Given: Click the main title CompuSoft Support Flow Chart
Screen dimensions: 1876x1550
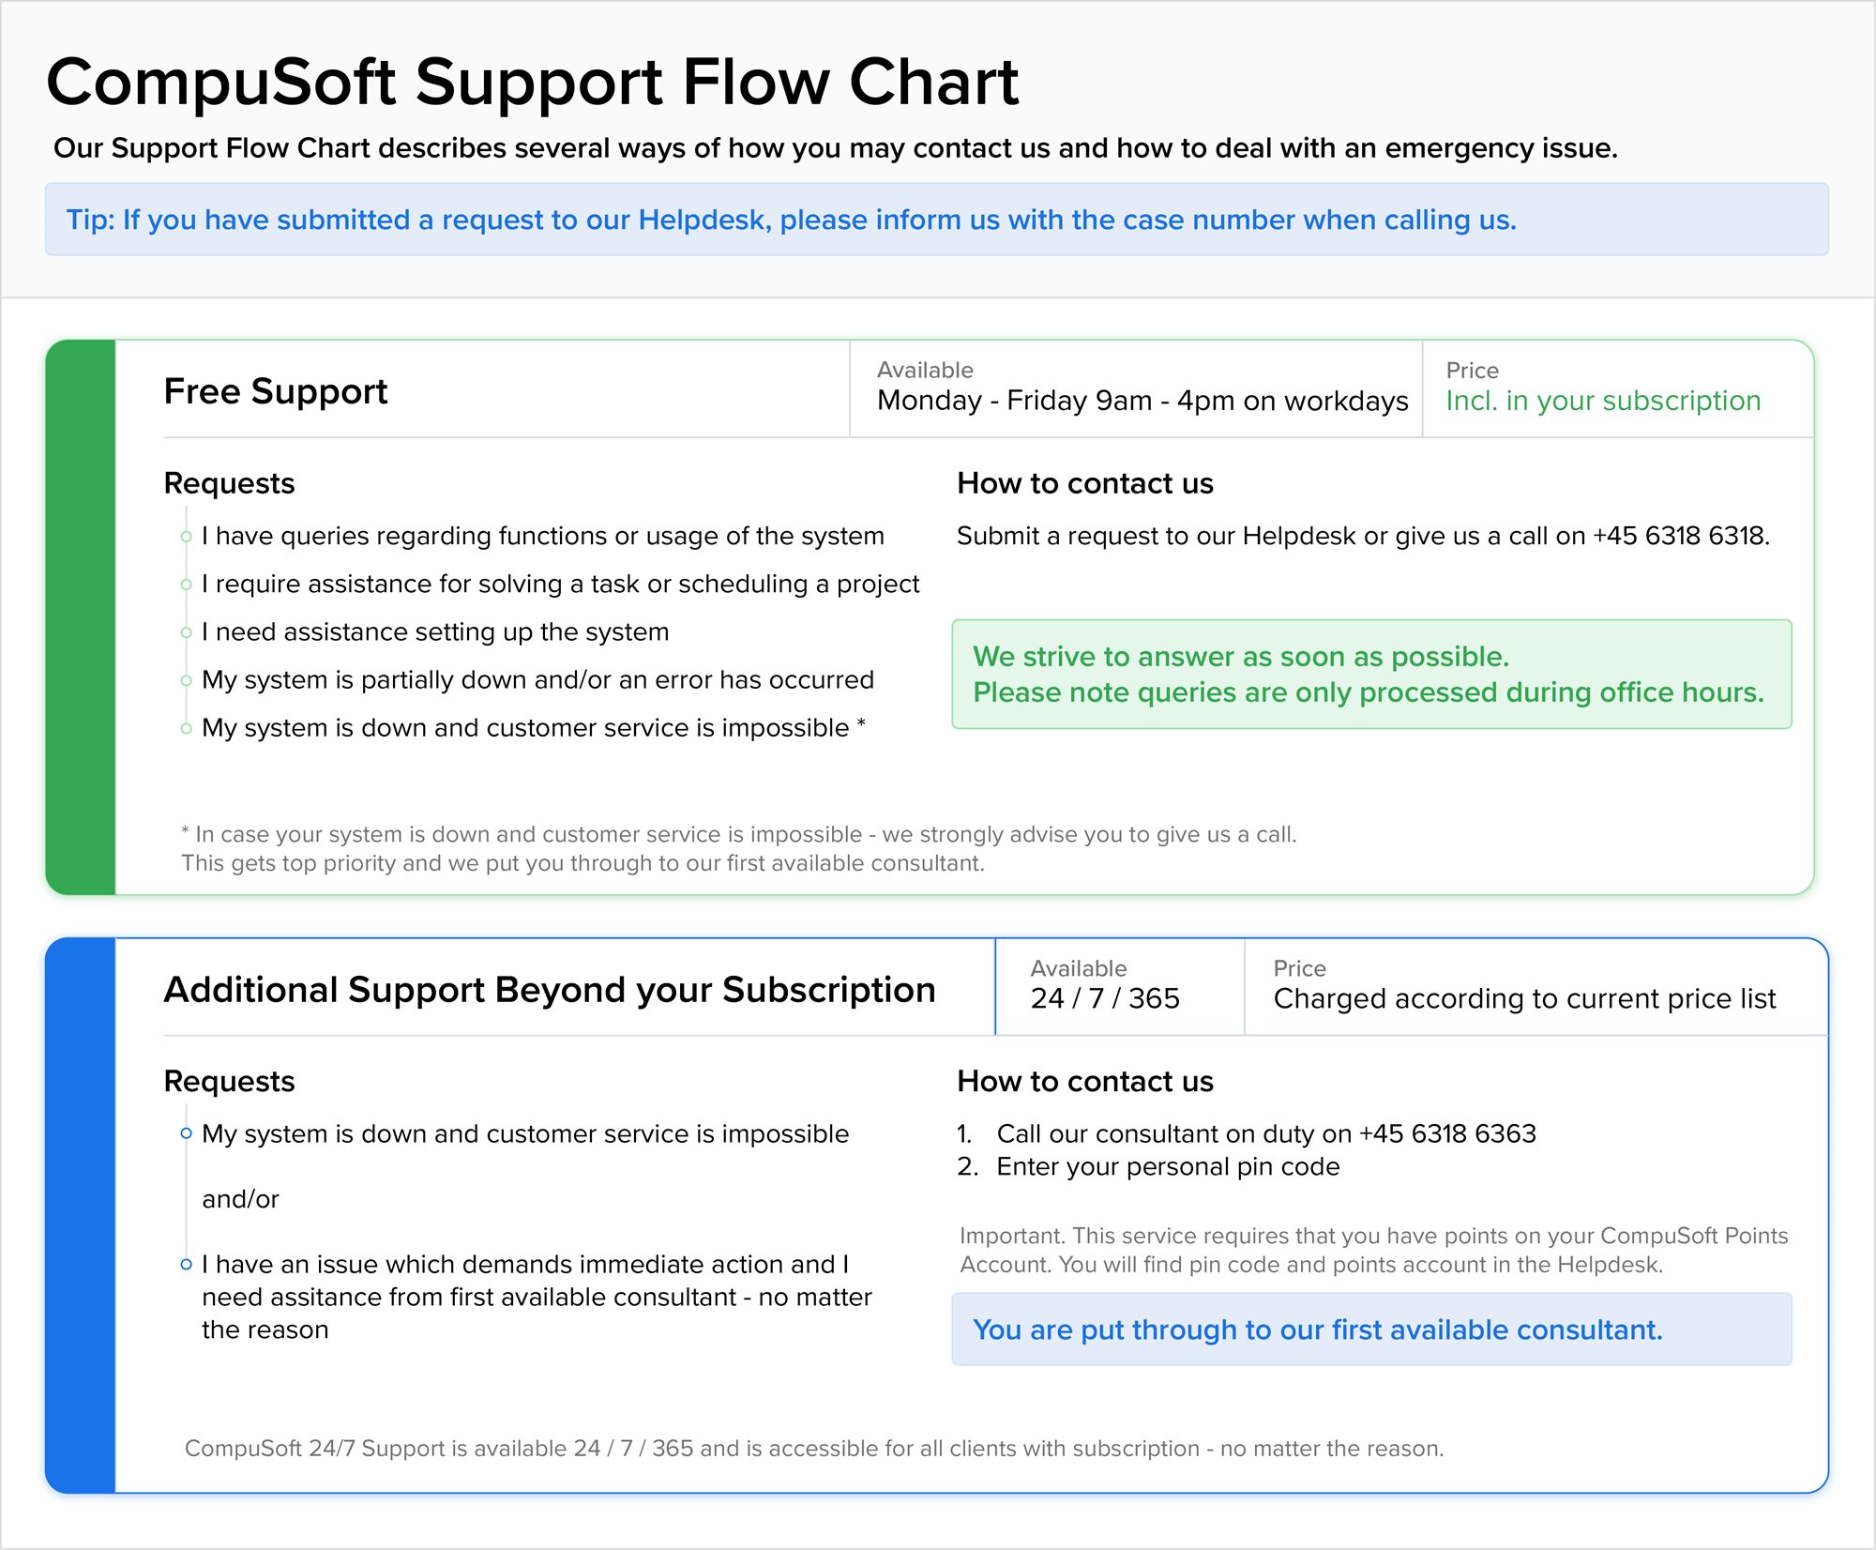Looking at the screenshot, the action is point(532,83).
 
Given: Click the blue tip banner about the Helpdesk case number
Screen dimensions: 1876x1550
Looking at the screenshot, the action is point(937,220).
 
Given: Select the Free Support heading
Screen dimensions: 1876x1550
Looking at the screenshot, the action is point(275,392).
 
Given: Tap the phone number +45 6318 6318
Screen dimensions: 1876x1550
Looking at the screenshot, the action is point(1681,536).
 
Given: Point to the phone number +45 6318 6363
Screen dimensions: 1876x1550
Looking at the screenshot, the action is point(1447,1133).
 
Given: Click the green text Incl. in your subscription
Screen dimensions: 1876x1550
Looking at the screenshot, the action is point(1603,401).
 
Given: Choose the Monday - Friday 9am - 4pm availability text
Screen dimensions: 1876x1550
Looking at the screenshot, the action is point(1142,401).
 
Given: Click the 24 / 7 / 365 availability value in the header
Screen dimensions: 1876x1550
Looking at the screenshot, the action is point(1105,998).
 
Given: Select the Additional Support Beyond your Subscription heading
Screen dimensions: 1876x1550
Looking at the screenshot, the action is point(550,991).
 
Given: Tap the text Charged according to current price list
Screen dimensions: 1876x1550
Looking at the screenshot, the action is point(1524,999).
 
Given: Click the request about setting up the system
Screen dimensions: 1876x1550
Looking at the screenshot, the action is point(435,632).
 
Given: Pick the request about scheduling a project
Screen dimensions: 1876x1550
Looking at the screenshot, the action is point(561,585).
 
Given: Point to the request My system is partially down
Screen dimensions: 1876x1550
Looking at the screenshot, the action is point(537,680).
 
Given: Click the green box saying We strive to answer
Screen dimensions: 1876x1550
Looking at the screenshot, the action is point(1371,674).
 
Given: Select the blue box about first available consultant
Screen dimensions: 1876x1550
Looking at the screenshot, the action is point(1371,1330).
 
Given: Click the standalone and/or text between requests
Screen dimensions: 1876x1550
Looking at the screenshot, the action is point(240,1199).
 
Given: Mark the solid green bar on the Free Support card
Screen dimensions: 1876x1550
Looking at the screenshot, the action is point(81,617).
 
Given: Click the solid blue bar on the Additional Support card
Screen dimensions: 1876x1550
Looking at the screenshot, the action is point(81,1215).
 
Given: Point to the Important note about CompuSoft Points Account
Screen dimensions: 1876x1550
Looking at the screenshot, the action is point(1374,1250).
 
